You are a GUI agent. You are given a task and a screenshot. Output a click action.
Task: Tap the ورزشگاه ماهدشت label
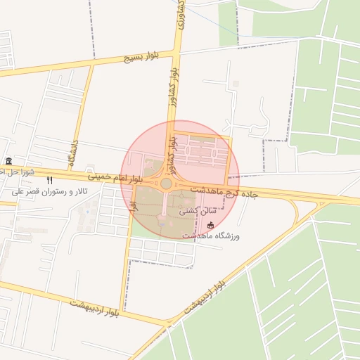pos(211,236)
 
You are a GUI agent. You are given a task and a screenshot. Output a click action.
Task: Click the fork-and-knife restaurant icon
pos(49,181)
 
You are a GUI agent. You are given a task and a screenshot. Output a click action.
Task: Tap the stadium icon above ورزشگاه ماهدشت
pos(211,225)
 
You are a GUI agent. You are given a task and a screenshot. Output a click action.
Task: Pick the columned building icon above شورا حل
pos(8,162)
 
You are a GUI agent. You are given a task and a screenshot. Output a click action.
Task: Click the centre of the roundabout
pos(166,184)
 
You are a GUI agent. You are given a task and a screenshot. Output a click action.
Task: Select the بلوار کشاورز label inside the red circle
pos(169,149)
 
